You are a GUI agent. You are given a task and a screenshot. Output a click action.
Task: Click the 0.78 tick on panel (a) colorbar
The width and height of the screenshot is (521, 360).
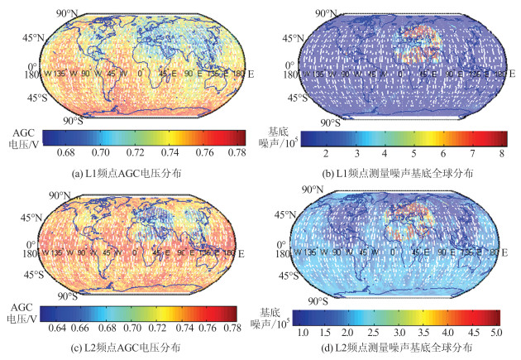pyautogui.click(x=236, y=153)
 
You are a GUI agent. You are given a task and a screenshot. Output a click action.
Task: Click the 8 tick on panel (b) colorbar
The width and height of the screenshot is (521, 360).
pyautogui.click(x=502, y=154)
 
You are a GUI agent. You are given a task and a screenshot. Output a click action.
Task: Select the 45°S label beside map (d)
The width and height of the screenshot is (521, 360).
pyautogui.click(x=279, y=276)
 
